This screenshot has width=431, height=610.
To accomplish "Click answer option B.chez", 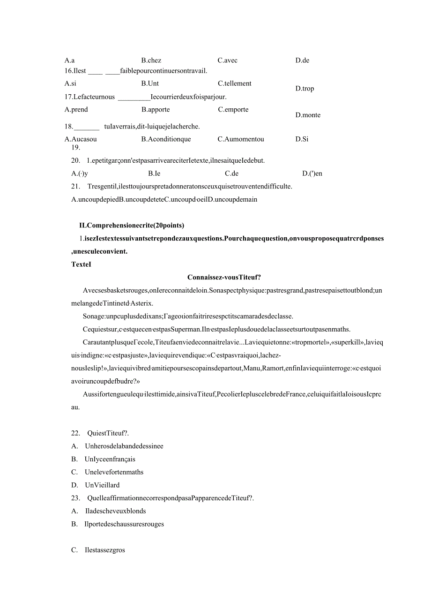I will tap(151, 60).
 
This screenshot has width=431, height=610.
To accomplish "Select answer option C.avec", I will tap(228, 60).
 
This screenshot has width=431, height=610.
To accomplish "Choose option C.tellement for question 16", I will tap(235, 83).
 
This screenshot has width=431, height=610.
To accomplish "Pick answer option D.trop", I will tap(305, 89).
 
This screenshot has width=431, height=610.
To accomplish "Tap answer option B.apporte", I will tap(156, 110).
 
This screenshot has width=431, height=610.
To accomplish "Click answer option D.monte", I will tap(308, 115).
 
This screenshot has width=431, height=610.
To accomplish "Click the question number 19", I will tap(75, 147).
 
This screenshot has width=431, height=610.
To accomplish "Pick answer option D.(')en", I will tap(312, 173).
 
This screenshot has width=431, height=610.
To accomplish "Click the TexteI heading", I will tap(81, 264).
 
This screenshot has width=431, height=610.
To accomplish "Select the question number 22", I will tap(76, 433).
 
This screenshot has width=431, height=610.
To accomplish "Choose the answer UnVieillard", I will tap(102, 485).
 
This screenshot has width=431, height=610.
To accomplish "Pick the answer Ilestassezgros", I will tap(105, 550).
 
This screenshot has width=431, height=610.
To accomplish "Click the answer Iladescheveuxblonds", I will tap(115, 511).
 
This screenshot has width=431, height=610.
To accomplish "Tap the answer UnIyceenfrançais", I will tap(110, 459).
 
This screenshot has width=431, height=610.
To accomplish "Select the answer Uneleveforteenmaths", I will tap(114, 472).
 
